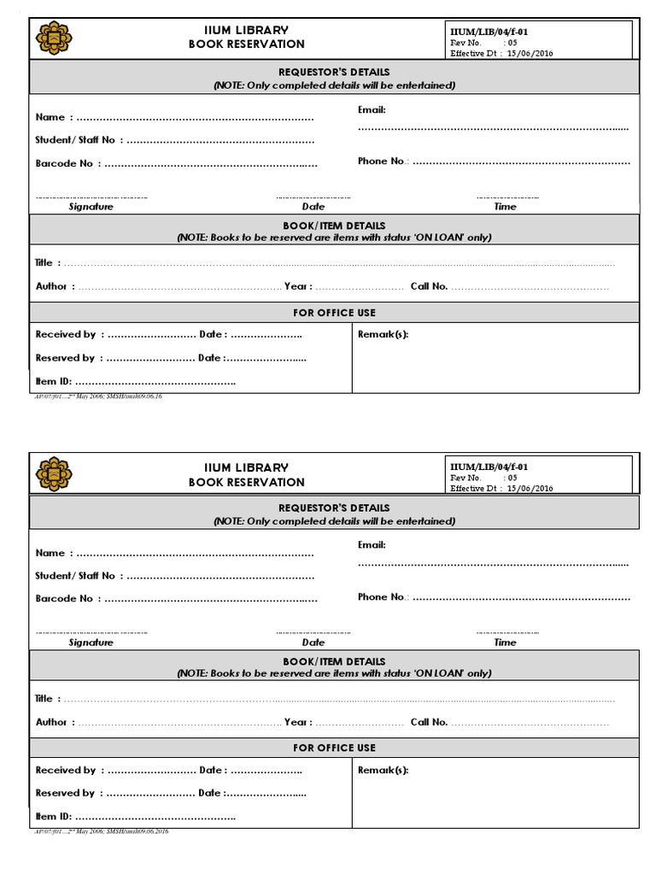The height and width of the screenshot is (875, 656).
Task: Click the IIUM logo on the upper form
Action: (x=54, y=38)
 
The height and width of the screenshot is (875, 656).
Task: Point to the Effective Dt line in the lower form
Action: (x=501, y=488)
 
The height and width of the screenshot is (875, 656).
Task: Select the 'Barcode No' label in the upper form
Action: (x=64, y=163)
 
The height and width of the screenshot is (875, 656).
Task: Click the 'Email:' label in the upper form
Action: (x=372, y=109)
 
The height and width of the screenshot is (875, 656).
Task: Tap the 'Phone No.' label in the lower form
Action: (x=382, y=596)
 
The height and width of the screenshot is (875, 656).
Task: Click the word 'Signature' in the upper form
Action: (x=91, y=207)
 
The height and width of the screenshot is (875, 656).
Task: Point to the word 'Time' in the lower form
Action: (x=505, y=642)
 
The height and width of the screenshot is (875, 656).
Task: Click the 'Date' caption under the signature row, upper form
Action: (x=313, y=207)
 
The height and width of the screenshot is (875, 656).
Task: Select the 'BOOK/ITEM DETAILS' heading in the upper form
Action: (x=334, y=226)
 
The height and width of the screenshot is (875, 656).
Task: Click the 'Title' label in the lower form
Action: (x=44, y=698)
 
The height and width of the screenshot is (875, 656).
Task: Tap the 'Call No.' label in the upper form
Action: (x=429, y=286)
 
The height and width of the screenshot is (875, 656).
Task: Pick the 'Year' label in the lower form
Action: (x=296, y=722)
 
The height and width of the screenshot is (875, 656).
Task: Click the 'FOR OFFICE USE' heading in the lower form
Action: (x=334, y=748)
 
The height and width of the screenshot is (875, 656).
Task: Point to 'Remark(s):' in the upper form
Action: (x=383, y=334)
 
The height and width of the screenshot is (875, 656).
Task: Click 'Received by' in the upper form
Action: (x=66, y=334)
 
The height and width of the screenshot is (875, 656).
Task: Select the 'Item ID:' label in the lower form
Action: (x=53, y=817)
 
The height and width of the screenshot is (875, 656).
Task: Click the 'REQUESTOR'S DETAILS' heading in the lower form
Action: (x=334, y=508)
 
